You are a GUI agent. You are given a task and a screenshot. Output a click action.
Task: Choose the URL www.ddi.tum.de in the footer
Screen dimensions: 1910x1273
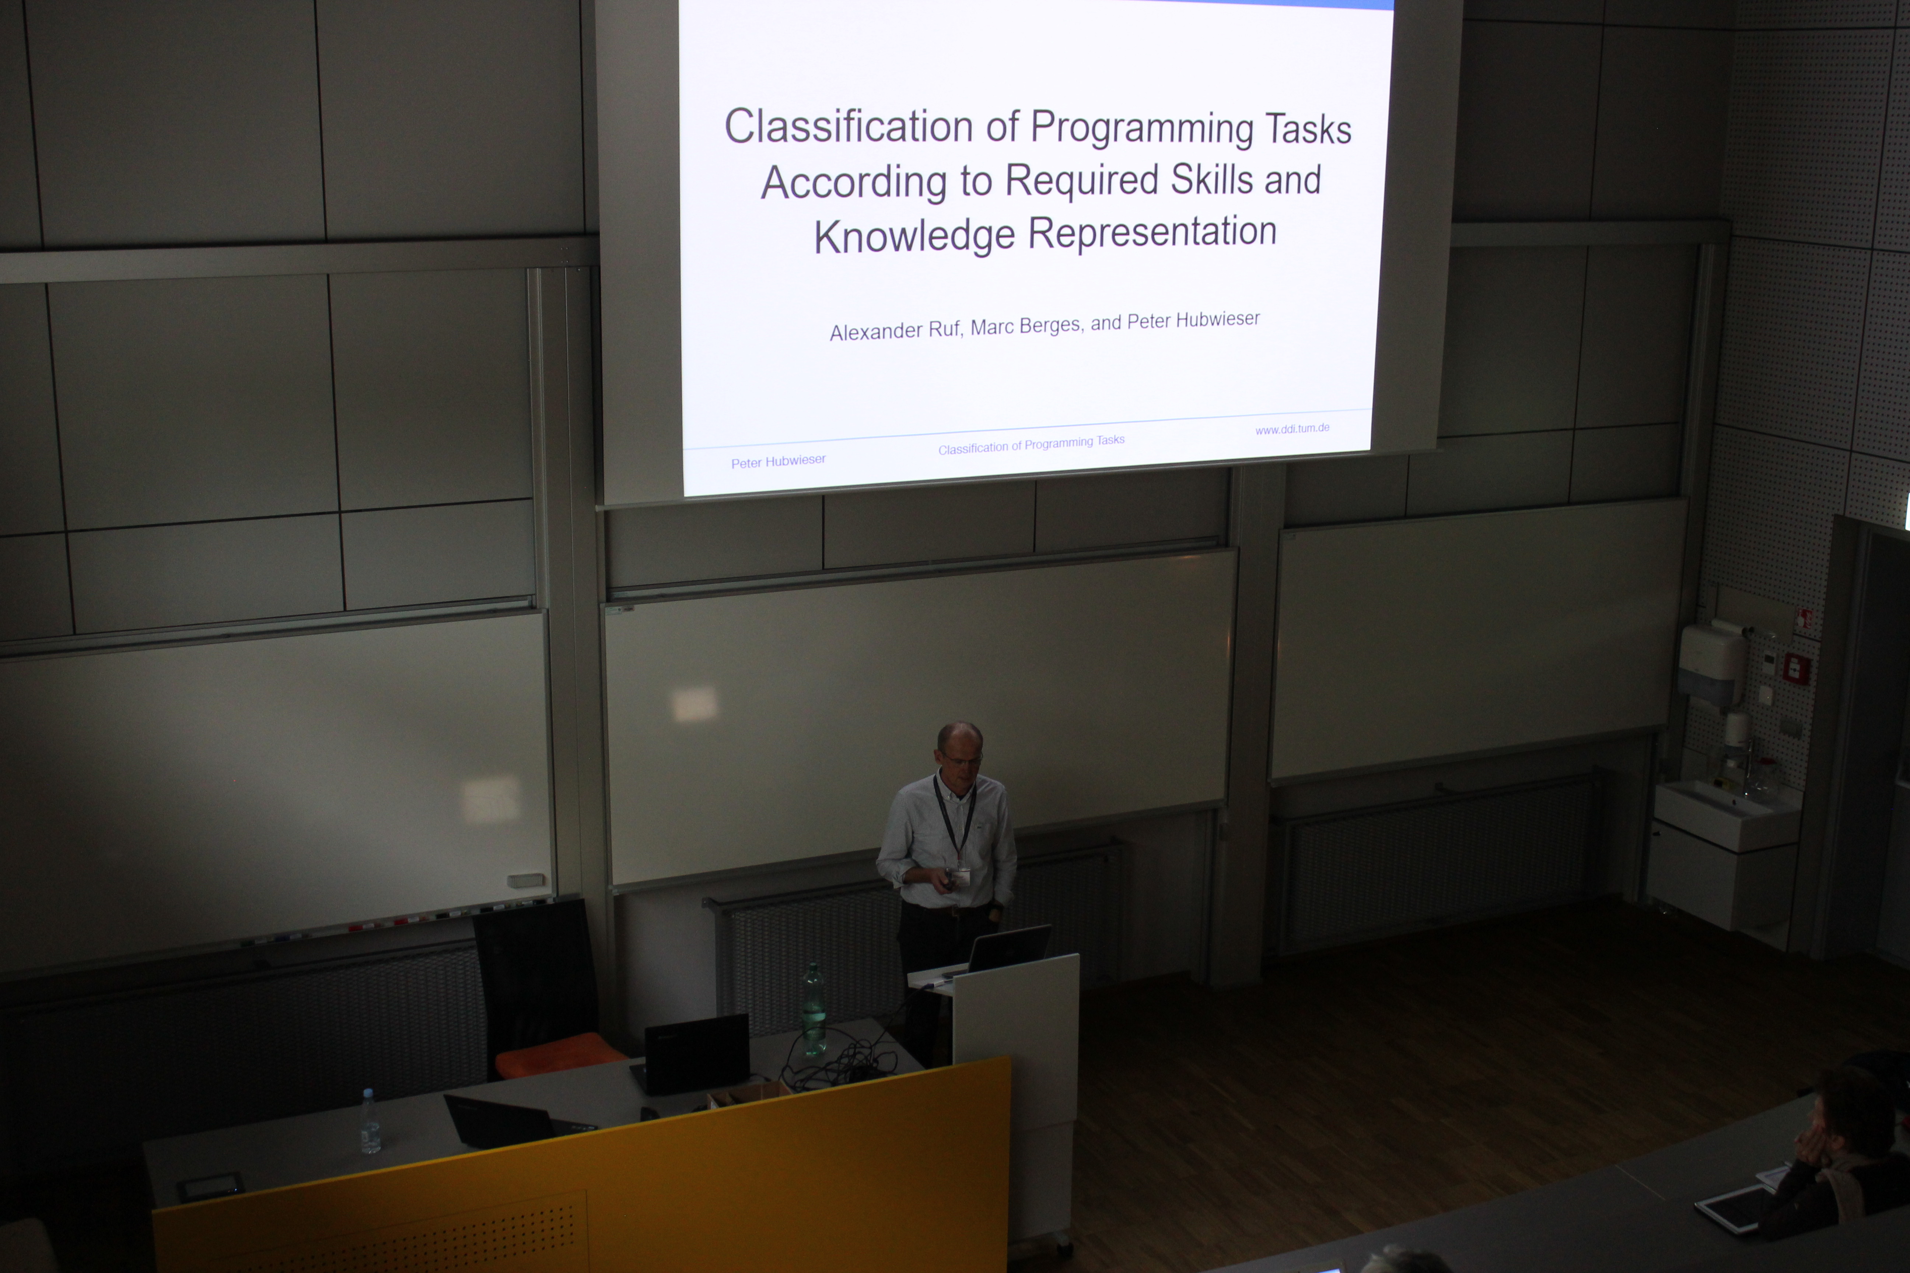tap(1292, 429)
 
